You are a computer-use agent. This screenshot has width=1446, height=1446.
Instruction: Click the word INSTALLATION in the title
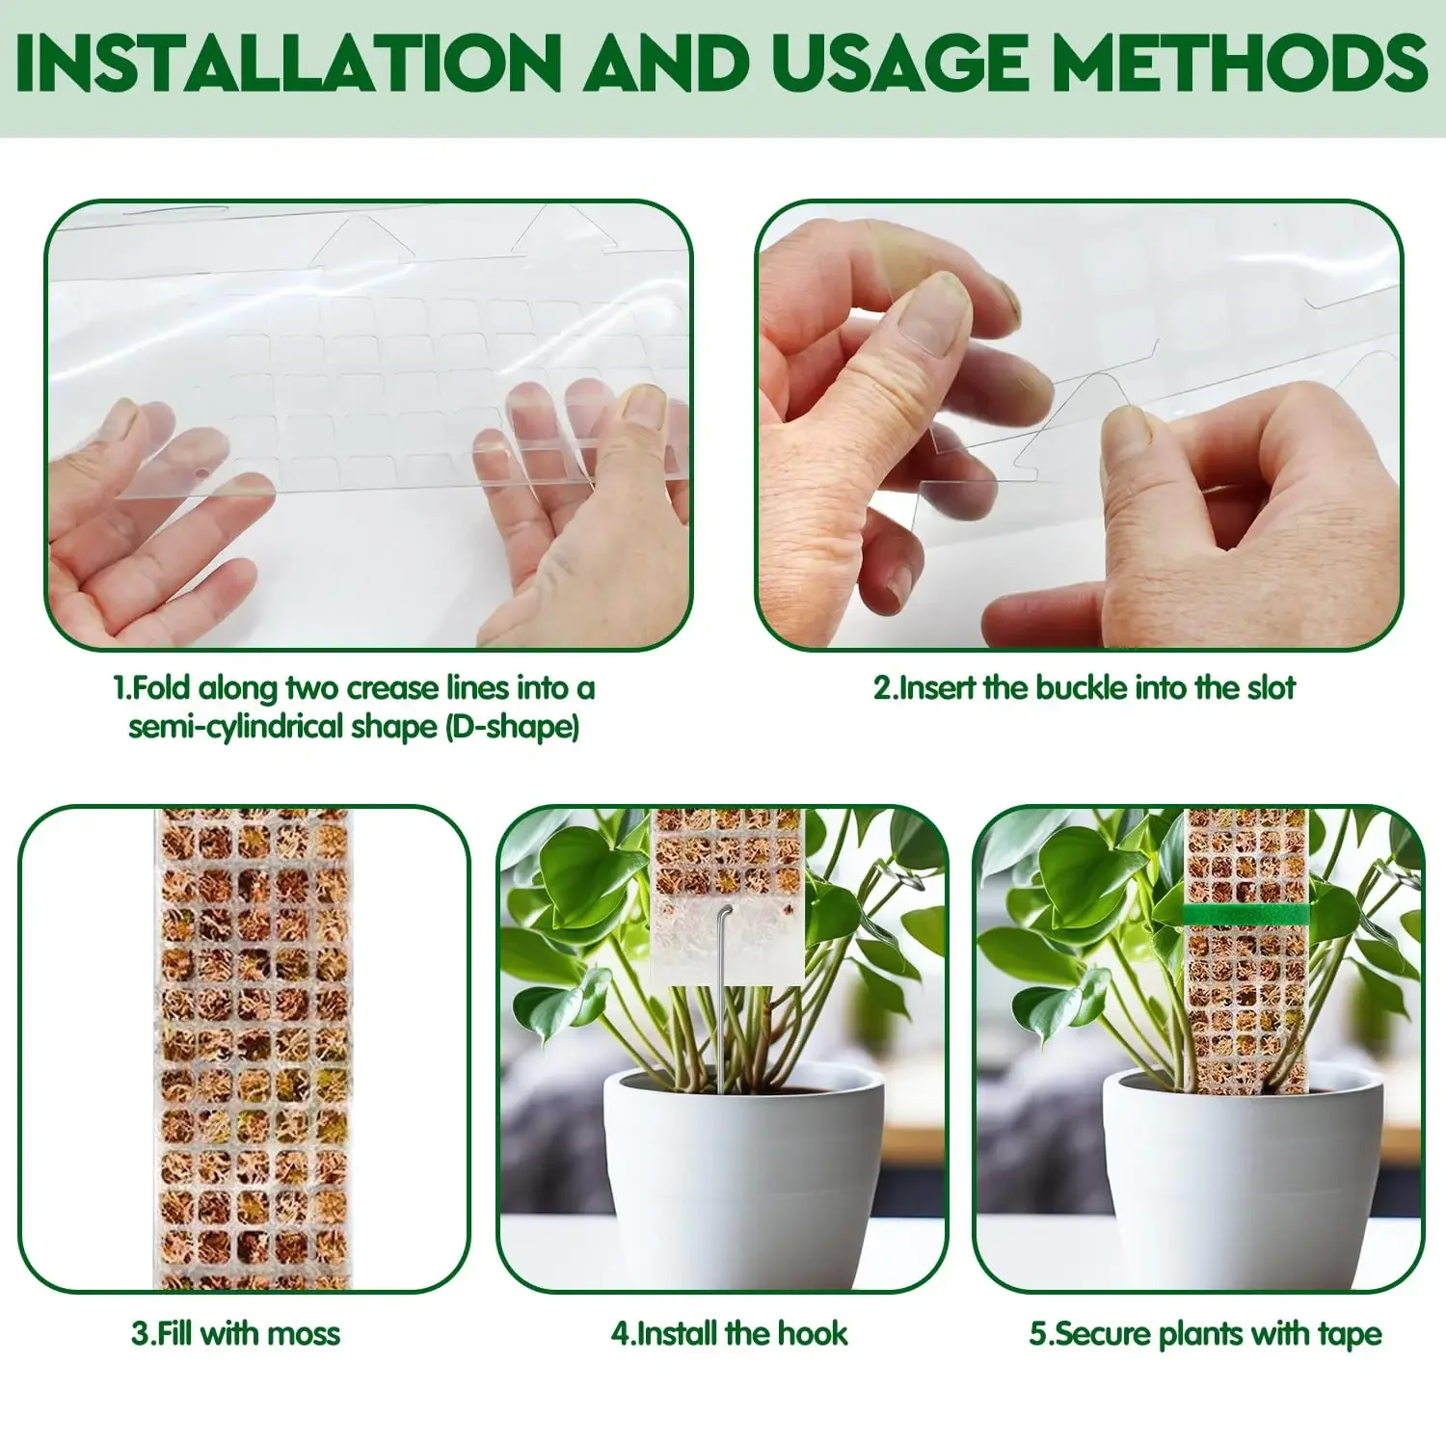[x=287, y=64]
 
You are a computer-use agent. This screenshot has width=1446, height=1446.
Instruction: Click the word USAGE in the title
[x=900, y=64]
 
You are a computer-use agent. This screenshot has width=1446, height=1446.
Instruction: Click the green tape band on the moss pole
[x=1245, y=914]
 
